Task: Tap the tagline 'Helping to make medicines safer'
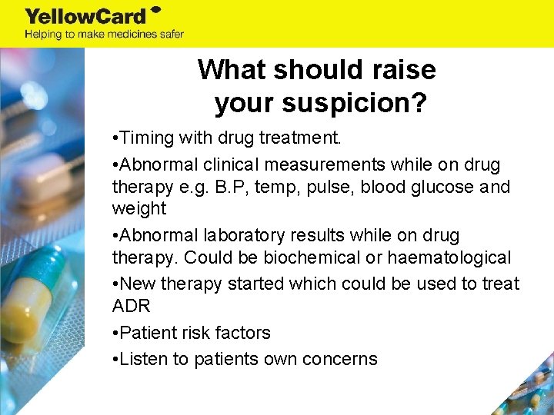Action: [104, 34]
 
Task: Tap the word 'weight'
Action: [139, 208]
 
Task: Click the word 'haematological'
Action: [450, 257]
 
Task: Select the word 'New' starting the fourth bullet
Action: [138, 284]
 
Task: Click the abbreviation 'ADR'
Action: [131, 306]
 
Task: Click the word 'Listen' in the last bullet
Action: [145, 359]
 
